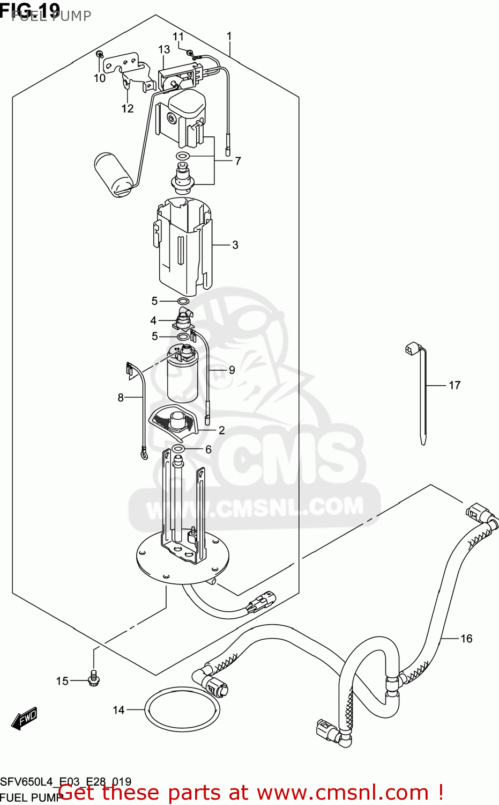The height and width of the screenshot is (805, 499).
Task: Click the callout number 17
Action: [455, 385]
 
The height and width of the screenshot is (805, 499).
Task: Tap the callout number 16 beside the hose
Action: [466, 639]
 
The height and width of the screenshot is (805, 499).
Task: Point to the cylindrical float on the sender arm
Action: [113, 175]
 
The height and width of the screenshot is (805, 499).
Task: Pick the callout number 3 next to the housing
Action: [235, 245]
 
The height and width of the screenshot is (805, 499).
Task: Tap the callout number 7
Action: [237, 160]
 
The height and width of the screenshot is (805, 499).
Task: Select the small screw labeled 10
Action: [99, 55]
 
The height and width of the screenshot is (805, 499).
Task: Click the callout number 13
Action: [164, 49]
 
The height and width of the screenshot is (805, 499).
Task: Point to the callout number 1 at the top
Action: [229, 36]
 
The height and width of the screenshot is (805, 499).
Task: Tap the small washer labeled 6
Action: [178, 449]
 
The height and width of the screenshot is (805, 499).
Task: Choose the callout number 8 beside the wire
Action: [121, 398]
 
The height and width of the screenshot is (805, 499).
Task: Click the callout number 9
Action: [232, 370]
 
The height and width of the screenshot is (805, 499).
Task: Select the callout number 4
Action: [153, 321]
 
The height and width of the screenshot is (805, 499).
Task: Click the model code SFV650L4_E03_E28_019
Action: [65, 782]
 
